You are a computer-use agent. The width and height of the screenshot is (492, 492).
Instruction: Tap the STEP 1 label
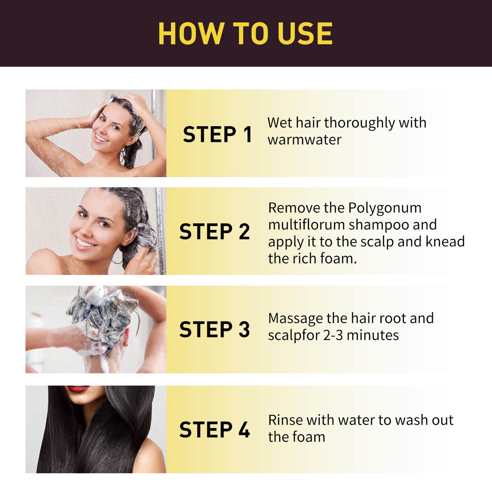point(217,134)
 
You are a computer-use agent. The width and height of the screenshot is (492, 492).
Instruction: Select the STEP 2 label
point(215,232)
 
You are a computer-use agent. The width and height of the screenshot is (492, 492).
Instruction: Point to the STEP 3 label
point(215,330)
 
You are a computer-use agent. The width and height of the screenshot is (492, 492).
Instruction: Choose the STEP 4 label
point(215,430)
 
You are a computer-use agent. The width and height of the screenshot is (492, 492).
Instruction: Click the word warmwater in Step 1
point(304,140)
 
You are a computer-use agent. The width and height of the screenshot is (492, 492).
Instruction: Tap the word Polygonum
point(385,208)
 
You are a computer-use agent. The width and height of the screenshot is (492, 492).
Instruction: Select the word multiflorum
point(306,225)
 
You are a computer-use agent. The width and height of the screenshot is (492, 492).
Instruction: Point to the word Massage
point(295,319)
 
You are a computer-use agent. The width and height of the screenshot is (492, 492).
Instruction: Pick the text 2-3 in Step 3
point(333,335)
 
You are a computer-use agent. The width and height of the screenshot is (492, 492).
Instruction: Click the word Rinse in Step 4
point(285,420)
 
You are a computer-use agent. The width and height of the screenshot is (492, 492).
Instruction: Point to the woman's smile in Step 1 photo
point(101,138)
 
